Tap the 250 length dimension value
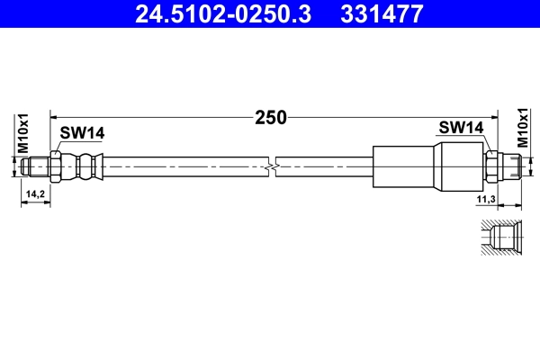[270, 116]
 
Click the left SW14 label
[82, 133]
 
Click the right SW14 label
[462, 128]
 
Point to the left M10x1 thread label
[24, 133]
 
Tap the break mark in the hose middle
[274, 166]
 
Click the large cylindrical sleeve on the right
[405, 166]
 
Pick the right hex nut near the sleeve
[492, 166]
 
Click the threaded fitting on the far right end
[512, 166]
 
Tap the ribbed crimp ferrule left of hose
[87, 166]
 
